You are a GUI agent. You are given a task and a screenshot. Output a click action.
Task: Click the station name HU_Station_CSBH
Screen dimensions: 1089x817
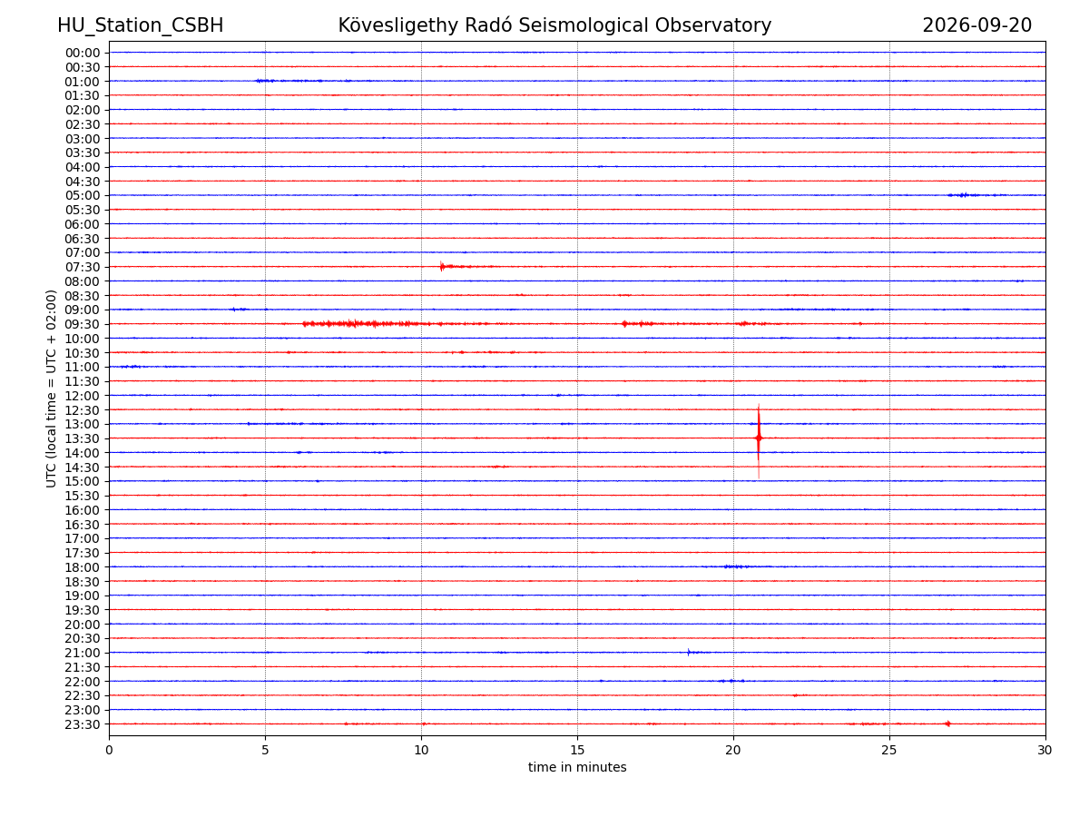point(140,25)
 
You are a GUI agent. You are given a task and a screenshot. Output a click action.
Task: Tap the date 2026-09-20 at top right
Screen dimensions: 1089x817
point(976,25)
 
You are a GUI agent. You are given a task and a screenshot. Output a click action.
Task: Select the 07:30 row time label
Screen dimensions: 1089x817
point(83,268)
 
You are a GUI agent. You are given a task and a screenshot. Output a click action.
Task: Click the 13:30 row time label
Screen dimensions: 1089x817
point(83,438)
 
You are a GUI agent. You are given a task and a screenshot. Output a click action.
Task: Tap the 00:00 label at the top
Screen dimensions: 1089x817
point(83,53)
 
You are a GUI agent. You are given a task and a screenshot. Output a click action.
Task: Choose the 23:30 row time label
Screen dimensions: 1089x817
point(83,724)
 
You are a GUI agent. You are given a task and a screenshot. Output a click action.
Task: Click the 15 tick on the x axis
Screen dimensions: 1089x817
point(577,750)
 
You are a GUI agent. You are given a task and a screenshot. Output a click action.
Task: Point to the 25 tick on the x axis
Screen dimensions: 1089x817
point(889,750)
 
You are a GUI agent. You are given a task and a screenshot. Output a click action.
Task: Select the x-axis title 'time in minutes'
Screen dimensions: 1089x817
point(577,767)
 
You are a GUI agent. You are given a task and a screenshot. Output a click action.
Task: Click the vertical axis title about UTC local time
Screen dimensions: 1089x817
point(51,389)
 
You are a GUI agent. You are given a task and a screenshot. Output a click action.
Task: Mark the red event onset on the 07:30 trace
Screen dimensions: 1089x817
point(441,266)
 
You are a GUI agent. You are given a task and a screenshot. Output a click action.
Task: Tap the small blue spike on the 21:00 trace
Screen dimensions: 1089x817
point(688,652)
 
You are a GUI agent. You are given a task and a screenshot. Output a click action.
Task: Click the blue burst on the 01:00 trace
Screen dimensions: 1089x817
point(265,81)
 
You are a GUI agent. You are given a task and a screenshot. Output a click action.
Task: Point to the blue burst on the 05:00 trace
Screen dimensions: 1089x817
point(963,195)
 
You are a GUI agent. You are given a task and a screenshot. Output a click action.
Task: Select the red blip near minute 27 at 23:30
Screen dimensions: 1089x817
point(947,723)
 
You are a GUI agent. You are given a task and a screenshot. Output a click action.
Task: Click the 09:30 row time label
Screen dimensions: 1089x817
point(83,324)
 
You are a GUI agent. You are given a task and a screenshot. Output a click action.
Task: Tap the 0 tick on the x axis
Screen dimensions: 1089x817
point(109,750)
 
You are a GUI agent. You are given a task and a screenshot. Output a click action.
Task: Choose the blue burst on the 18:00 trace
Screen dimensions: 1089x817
point(736,566)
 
